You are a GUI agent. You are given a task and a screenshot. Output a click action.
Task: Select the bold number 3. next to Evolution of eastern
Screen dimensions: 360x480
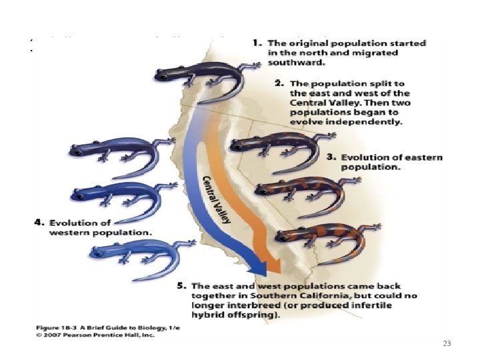pyautogui.click(x=331, y=157)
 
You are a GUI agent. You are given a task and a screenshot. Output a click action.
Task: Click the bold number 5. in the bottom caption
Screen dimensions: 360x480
pyautogui.click(x=181, y=286)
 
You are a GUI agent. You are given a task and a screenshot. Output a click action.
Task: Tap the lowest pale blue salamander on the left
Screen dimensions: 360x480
pyautogui.click(x=133, y=253)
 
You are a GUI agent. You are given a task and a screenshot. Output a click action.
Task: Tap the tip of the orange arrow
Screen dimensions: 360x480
pyautogui.click(x=273, y=270)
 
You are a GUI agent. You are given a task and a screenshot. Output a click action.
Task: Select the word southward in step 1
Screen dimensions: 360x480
pyautogui.click(x=297, y=63)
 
